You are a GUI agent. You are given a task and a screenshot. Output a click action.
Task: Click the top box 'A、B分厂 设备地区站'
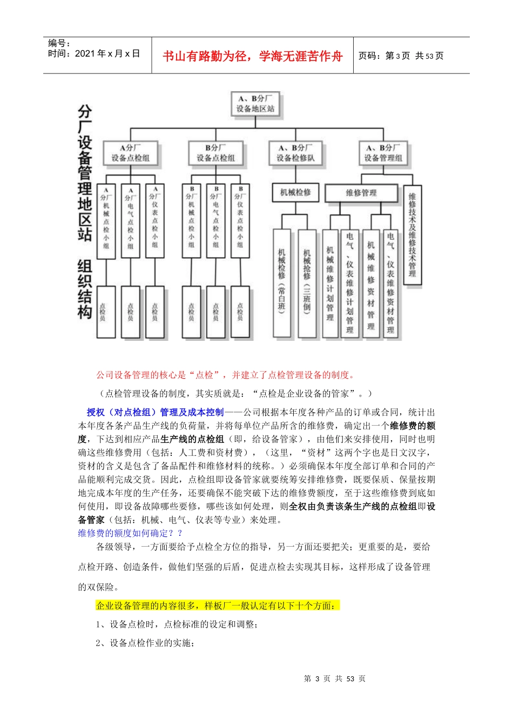255,104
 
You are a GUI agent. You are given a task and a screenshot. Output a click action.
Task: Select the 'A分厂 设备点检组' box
130,153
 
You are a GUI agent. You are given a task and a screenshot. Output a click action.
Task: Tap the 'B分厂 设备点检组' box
215,153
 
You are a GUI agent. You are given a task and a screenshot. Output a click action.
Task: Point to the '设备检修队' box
295,153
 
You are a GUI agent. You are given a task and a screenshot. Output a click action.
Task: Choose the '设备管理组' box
383,153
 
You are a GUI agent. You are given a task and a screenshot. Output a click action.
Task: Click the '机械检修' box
295,192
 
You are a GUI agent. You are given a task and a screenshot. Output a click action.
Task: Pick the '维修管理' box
361,193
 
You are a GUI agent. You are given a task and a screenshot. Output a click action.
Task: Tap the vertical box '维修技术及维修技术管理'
413,235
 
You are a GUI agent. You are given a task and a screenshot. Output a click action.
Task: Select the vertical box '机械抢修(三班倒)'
307,283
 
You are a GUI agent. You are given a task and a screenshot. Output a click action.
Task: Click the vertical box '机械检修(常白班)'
281,283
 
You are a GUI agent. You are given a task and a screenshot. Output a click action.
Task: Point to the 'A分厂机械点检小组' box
106,220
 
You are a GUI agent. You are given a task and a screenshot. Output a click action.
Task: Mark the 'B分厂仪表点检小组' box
240,220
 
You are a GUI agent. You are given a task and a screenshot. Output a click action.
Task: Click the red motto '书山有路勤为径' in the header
252,56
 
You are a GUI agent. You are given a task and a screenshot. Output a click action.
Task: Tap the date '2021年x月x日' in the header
94,53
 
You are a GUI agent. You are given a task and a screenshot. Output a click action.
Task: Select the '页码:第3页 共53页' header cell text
401,56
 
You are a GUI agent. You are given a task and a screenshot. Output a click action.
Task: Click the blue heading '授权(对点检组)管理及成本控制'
155,412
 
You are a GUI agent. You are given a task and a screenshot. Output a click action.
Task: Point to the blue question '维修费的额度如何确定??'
130,533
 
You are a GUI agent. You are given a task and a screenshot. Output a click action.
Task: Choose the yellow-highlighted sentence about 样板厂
218,606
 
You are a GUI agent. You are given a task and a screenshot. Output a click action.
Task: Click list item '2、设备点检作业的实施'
145,643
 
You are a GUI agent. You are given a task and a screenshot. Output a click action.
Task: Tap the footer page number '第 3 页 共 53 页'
335,678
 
